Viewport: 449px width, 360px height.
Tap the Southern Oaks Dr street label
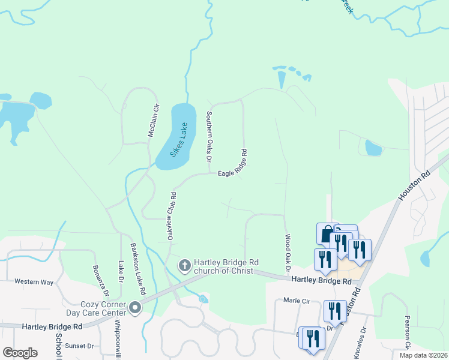coord(209,136)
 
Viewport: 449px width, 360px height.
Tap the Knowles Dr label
coord(360,343)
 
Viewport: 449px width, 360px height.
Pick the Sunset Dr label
coord(80,346)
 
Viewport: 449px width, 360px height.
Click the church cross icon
coord(185,265)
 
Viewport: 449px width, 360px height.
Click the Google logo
coord(20,352)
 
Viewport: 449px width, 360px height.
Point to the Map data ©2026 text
coord(423,355)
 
